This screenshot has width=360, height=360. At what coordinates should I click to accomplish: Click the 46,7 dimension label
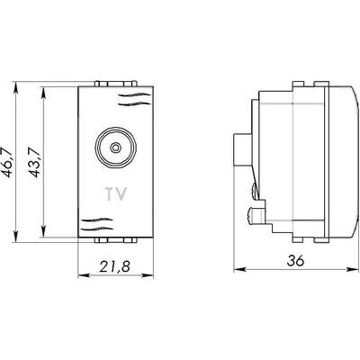7,163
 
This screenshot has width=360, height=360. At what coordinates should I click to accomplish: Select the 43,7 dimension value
34,162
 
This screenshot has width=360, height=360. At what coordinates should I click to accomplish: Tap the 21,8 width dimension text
115,266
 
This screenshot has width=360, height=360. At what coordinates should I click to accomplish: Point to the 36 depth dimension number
295,260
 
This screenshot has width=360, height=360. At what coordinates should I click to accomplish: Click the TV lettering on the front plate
116,193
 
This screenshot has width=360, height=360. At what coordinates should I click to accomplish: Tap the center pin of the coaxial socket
115,148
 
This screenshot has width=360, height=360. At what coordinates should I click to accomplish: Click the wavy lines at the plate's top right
134,100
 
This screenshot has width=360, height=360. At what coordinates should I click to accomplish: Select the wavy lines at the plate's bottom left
96,224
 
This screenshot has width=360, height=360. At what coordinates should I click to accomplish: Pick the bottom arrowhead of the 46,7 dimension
16,235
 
